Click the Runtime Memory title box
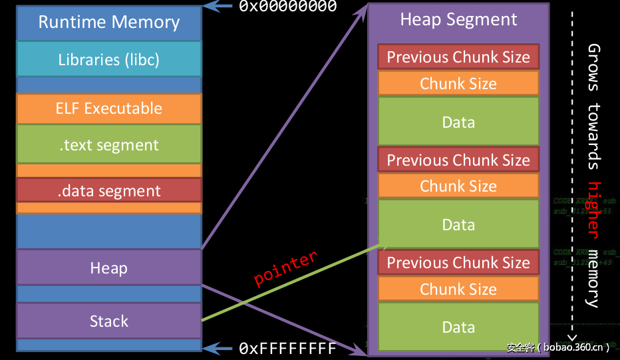(108, 23)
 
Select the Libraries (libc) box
(108, 59)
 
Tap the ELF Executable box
(108, 108)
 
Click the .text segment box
(108, 144)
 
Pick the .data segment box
(108, 190)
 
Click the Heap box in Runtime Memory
(108, 268)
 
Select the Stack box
(108, 321)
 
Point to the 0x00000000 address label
(287, 7)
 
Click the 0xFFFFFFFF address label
(287, 348)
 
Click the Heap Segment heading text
(458, 19)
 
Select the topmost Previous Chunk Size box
(458, 57)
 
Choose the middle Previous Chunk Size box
(458, 160)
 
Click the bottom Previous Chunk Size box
(458, 263)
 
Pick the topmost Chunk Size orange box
(458, 83)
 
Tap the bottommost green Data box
(458, 327)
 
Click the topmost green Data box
(458, 122)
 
